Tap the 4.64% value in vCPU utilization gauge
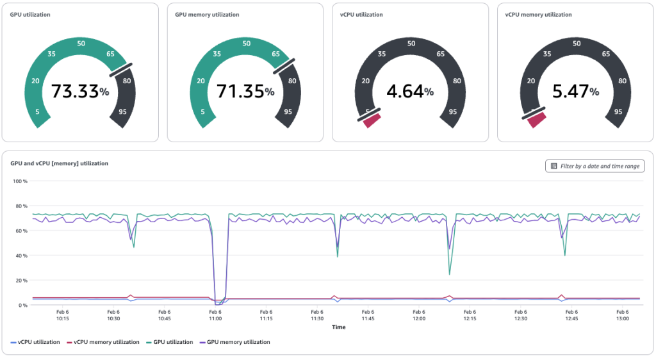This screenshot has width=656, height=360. (x=410, y=92)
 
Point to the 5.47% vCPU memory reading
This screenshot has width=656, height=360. (x=575, y=92)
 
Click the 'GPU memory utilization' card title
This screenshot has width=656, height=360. (x=207, y=15)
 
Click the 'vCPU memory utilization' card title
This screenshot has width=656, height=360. (x=538, y=15)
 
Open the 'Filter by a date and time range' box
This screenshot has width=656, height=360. (x=595, y=166)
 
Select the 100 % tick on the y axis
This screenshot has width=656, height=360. (x=21, y=181)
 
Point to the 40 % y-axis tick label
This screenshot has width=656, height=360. (x=21, y=256)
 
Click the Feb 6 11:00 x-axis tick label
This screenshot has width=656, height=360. (x=215, y=315)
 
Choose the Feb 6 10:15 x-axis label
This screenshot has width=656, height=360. (x=63, y=315)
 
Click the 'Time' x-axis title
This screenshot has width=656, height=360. (x=339, y=327)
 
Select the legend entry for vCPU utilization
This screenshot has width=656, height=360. (x=36, y=342)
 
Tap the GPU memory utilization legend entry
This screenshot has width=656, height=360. (x=238, y=342)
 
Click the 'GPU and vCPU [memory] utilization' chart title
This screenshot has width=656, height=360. (x=60, y=163)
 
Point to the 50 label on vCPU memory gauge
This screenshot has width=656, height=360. (x=577, y=44)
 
